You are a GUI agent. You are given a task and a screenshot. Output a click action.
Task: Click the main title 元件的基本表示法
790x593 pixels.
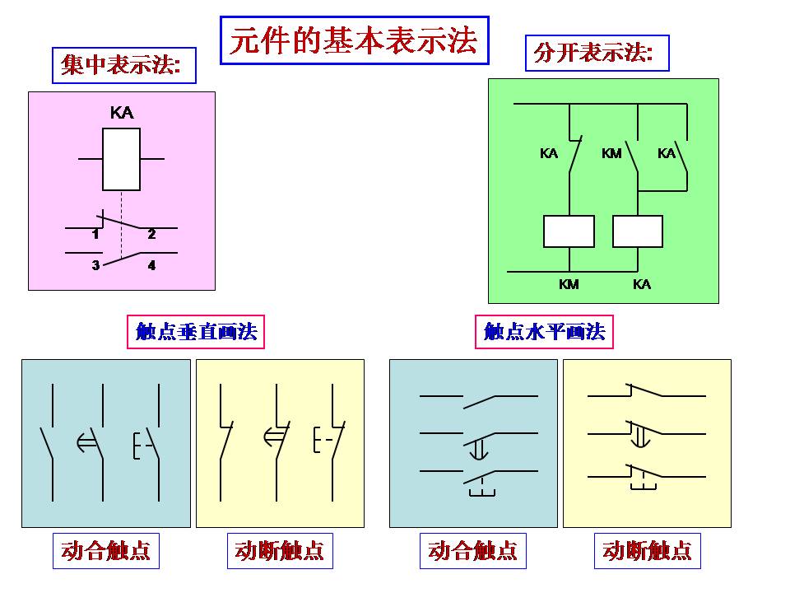coord(354,40)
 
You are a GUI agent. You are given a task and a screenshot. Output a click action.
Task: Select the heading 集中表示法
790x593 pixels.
coord(123,65)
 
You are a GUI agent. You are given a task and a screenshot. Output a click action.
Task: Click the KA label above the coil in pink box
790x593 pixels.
coord(122,113)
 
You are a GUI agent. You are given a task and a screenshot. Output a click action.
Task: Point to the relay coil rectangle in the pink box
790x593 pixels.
coord(121,159)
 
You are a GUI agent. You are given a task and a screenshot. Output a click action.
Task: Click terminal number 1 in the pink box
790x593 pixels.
coord(95,235)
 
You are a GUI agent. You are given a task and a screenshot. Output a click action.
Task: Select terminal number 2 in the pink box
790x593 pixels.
coord(151,235)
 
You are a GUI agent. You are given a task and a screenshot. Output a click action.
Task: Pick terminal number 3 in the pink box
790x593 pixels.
coord(95,265)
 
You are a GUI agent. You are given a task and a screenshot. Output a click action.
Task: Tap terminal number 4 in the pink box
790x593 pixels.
coord(151,265)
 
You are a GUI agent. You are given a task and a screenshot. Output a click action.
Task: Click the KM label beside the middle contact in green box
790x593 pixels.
coord(611,153)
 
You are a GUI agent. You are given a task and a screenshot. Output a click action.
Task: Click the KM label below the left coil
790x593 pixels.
coord(569,284)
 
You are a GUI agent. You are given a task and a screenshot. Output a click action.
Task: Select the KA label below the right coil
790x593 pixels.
coord(642,284)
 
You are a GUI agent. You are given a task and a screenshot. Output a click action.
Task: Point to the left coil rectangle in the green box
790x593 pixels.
coord(569,231)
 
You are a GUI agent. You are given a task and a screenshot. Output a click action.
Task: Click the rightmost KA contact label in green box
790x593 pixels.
coord(667,153)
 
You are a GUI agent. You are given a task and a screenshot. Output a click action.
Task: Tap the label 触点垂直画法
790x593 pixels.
coord(197,332)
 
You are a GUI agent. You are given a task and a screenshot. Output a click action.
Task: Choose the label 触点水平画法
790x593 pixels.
coord(545,332)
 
